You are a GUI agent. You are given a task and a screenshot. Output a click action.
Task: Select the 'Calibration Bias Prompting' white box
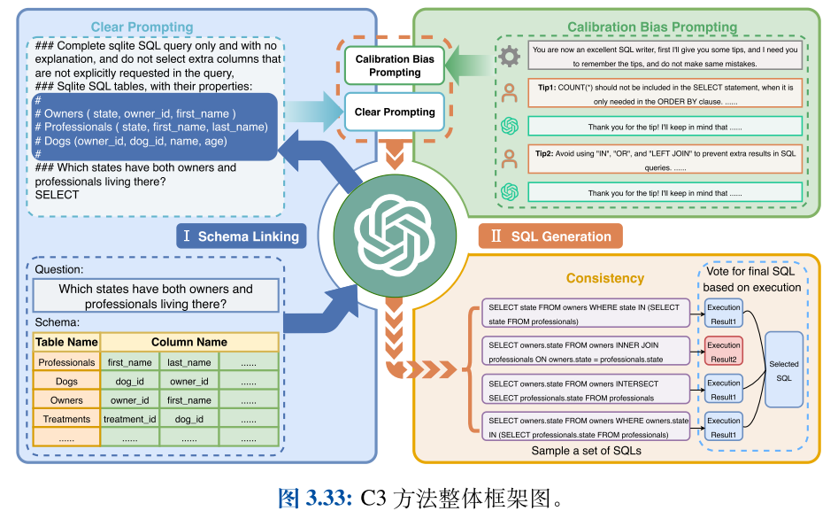tap(395, 66)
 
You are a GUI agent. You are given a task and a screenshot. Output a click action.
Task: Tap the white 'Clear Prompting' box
tap(395, 112)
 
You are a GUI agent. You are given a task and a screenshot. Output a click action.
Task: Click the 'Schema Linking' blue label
tap(242, 236)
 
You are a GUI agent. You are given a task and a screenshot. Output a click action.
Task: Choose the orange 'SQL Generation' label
tap(550, 236)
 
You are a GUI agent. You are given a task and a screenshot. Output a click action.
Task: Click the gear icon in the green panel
tap(509, 57)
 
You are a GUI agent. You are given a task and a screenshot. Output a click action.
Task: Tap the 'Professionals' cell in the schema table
tap(66, 362)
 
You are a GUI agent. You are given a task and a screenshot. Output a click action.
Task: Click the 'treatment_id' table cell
tap(129, 419)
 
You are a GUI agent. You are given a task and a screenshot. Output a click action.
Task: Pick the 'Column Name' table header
tap(189, 342)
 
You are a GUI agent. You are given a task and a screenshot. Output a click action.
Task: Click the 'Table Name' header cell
tap(66, 342)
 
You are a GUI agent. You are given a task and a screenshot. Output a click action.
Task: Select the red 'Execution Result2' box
tap(724, 352)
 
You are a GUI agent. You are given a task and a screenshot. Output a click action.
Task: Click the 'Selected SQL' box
tap(783, 370)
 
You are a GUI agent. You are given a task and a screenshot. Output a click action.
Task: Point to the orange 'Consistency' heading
tap(605, 278)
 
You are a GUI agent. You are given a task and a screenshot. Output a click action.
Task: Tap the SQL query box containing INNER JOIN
tap(585, 352)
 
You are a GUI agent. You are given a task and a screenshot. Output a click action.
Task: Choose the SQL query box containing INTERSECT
tap(585, 390)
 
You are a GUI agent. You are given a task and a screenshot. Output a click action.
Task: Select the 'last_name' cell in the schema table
tap(189, 362)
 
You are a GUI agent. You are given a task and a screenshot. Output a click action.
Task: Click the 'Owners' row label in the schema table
tap(66, 400)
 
